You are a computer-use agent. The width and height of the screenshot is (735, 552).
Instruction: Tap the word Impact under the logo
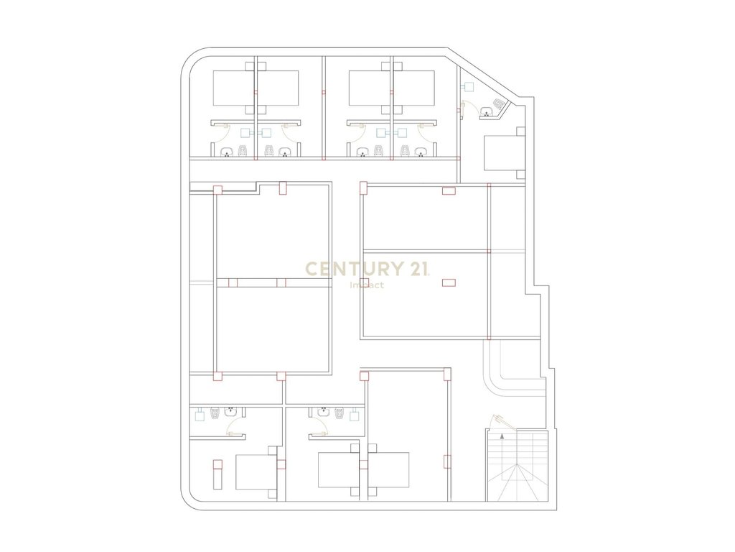(x=367, y=285)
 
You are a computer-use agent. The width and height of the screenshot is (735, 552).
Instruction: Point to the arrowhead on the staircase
(x=502, y=436)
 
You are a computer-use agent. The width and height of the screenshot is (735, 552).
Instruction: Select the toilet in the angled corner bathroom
(x=498, y=103)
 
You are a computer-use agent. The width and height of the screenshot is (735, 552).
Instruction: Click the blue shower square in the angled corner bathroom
(x=468, y=87)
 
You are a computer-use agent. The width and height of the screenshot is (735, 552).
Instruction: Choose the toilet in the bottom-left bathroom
(x=215, y=413)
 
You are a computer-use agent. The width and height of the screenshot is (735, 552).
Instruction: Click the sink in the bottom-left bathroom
(x=230, y=412)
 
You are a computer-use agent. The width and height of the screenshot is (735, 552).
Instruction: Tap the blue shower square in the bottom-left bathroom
(x=200, y=415)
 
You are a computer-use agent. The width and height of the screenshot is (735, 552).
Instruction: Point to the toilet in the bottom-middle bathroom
(x=340, y=413)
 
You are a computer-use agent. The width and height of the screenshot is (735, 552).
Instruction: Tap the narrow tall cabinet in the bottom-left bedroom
(x=217, y=474)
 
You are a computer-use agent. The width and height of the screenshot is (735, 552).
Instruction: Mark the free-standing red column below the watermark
(x=449, y=282)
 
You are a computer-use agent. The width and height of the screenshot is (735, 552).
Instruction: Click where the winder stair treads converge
(x=517, y=464)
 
